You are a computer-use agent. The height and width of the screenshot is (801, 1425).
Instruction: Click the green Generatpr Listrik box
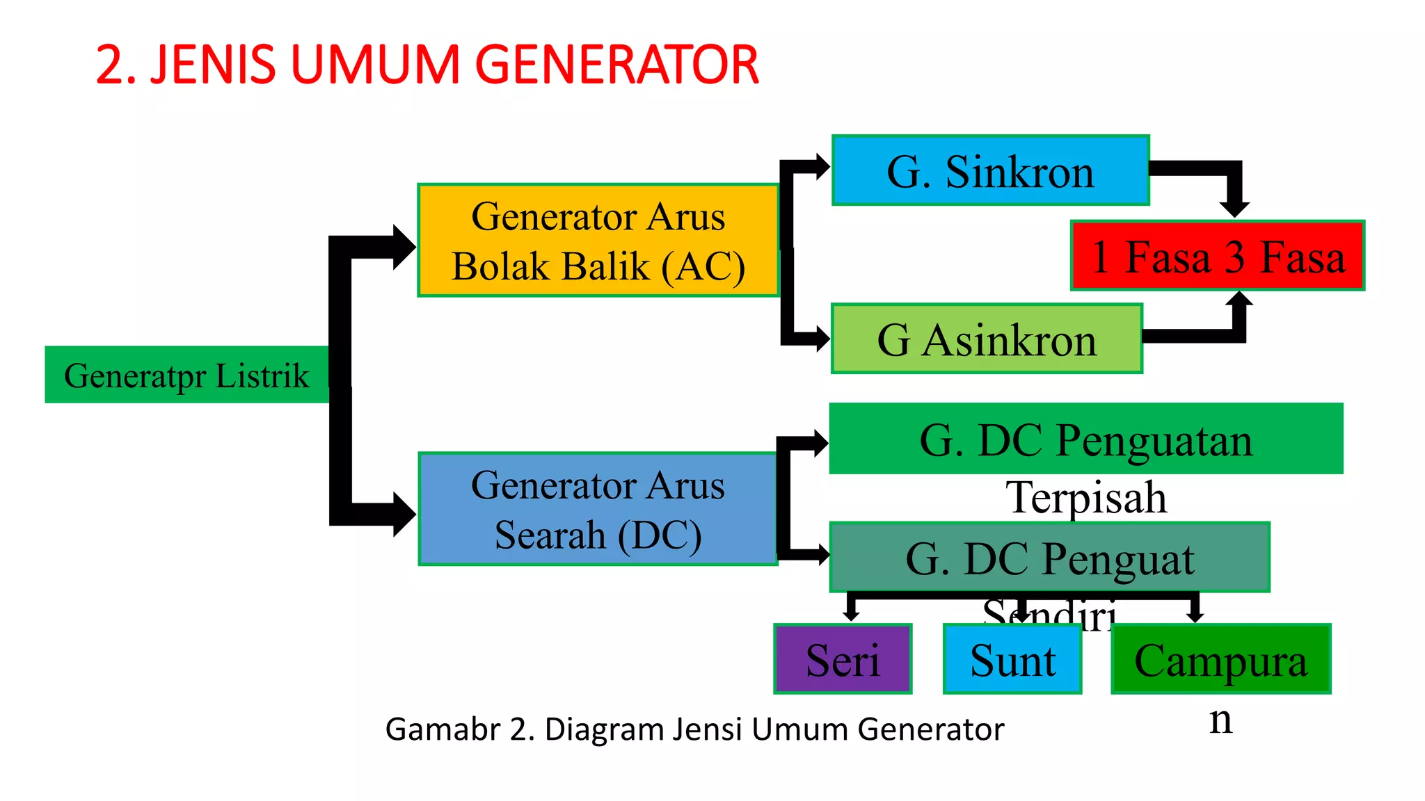[x=186, y=375]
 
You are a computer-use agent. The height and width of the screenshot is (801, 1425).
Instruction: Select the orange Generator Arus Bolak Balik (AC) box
[x=598, y=241]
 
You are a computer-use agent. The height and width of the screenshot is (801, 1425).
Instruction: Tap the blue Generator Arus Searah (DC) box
[x=598, y=509]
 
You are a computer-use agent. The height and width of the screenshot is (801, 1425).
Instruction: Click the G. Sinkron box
[x=990, y=171]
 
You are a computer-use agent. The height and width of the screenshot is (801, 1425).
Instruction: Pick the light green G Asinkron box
[x=987, y=339]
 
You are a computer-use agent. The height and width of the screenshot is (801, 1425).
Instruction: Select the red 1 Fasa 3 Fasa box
[x=1218, y=256]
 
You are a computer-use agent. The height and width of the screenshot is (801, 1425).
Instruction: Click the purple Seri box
[x=843, y=659]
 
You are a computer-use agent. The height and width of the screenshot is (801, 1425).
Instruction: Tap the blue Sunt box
[x=1012, y=659]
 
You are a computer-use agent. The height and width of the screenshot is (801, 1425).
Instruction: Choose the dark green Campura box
[x=1220, y=659]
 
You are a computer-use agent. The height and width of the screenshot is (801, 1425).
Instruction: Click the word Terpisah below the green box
[x=1086, y=498]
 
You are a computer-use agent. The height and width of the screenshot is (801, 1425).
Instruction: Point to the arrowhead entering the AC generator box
[x=404, y=247]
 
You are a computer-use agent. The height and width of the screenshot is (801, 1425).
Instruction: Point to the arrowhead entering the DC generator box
[x=404, y=515]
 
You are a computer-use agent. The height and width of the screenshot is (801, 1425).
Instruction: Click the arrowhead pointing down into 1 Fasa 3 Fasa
[x=1234, y=208]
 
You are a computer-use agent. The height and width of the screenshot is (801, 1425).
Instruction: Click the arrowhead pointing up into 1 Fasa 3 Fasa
[x=1239, y=300]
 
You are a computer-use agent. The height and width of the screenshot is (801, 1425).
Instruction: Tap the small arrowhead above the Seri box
[x=850, y=615]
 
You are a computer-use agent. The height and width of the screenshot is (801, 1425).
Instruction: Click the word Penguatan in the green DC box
[x=1154, y=440]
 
